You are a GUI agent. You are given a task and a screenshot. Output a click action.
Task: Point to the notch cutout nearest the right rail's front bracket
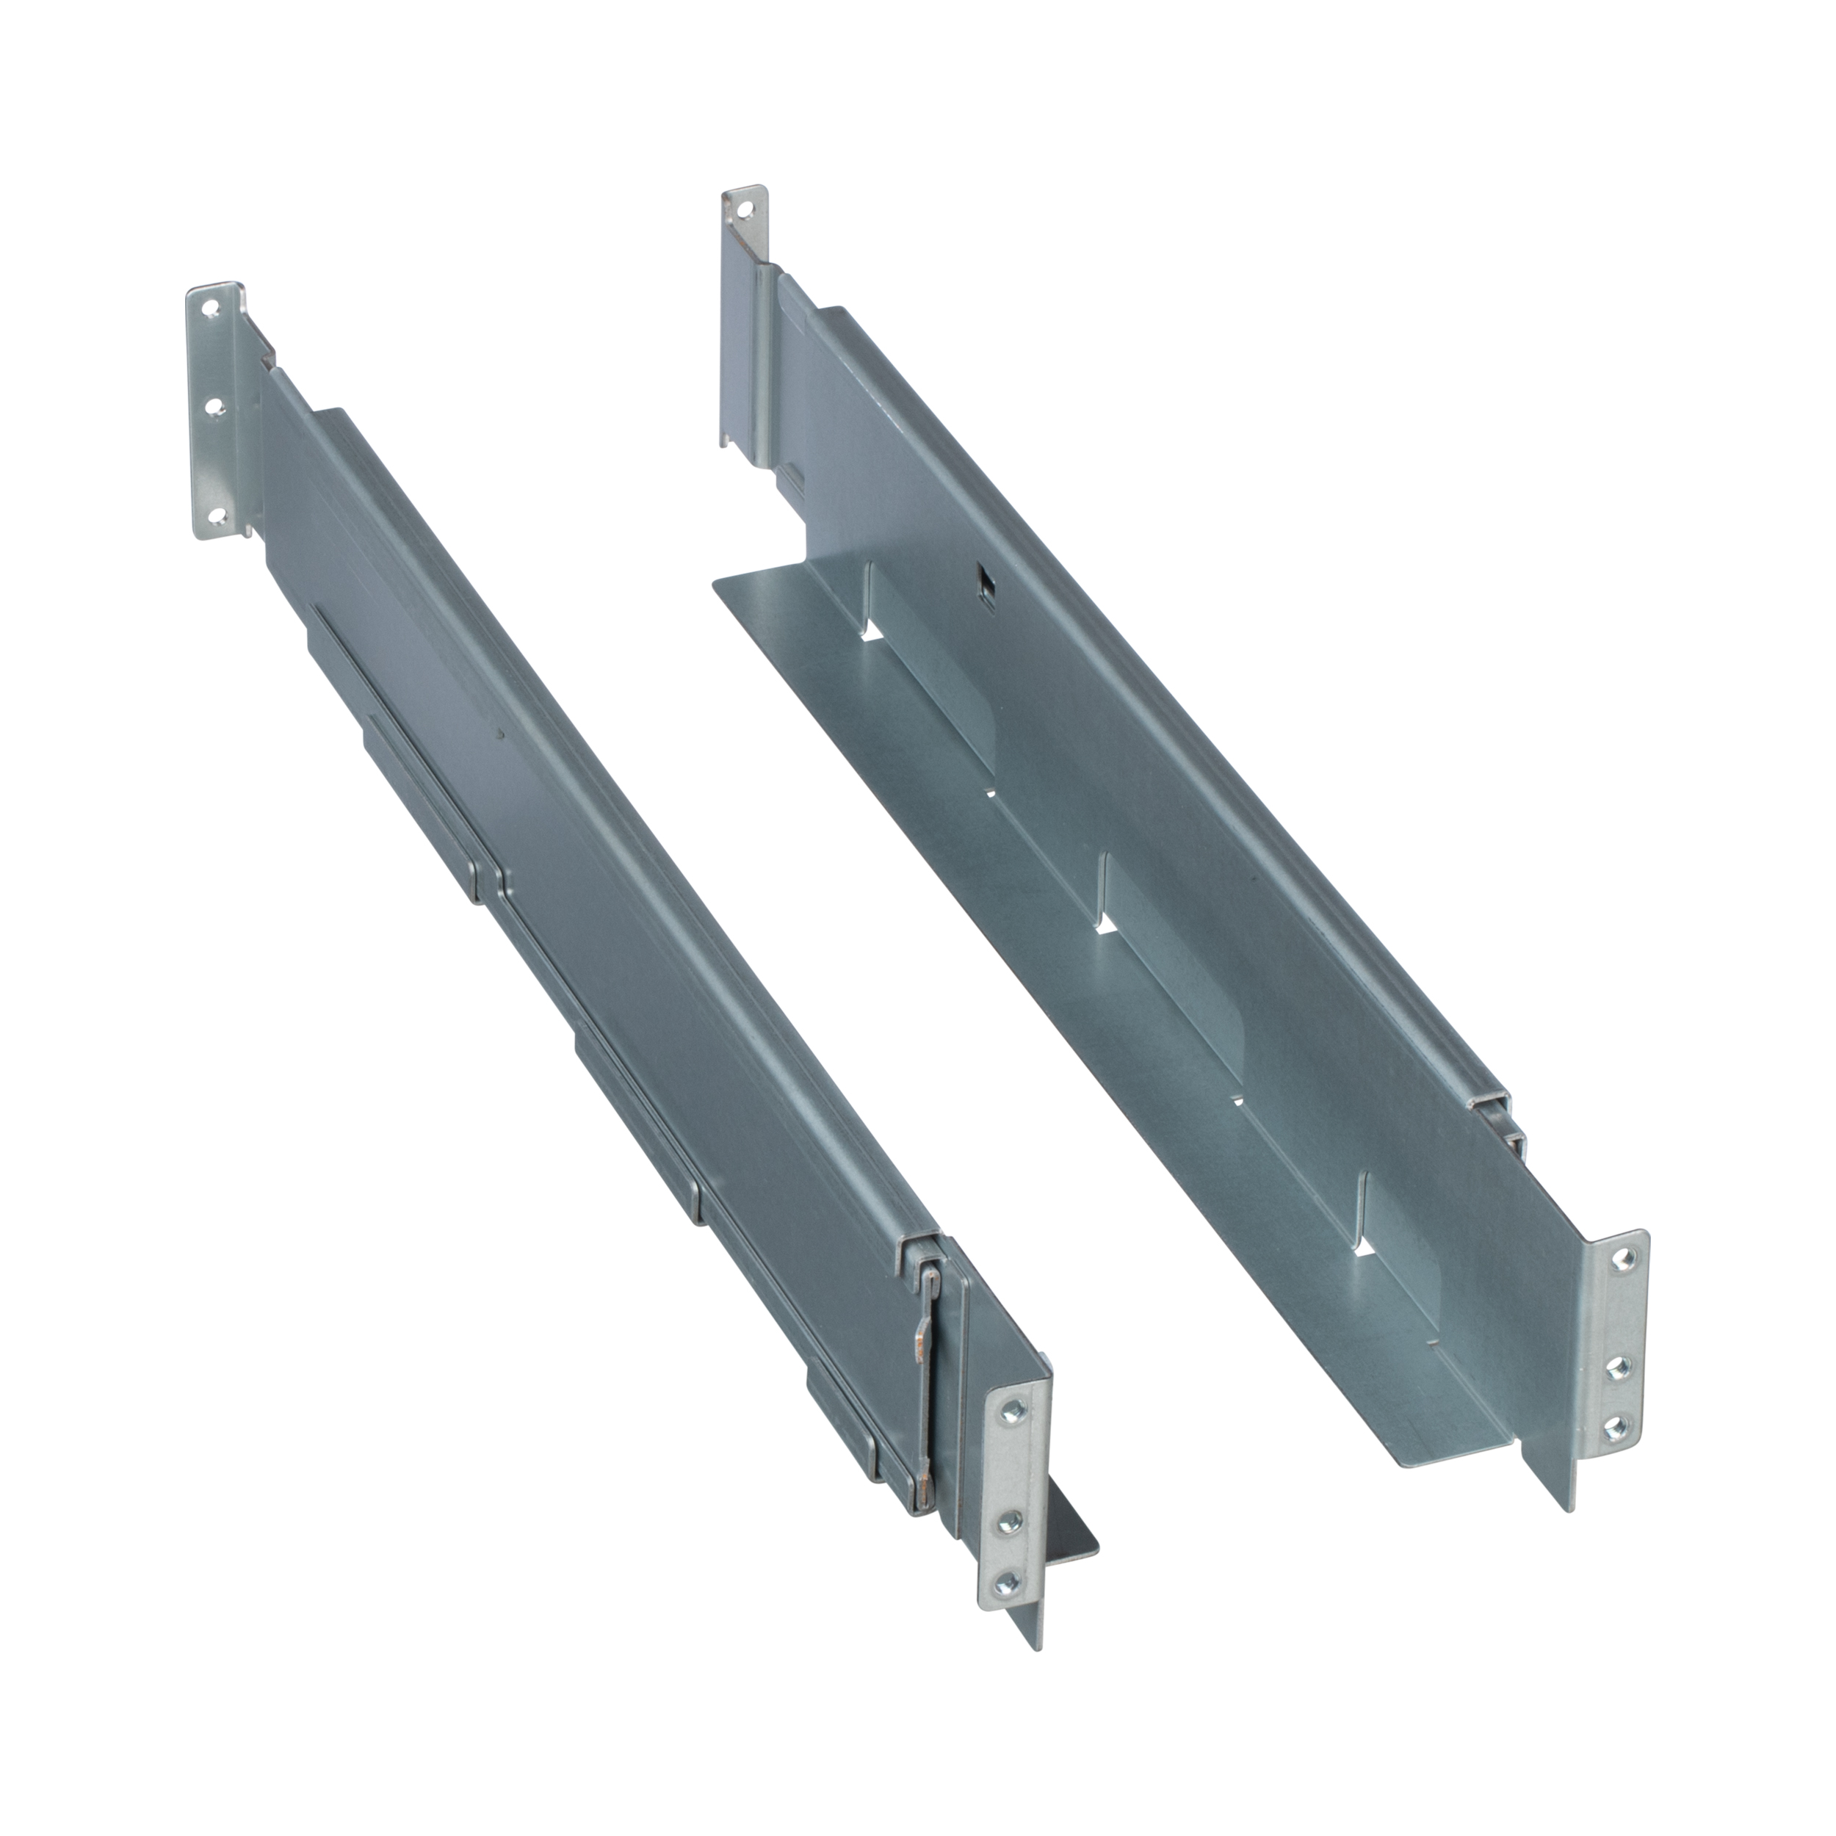tap(1365, 1248)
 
